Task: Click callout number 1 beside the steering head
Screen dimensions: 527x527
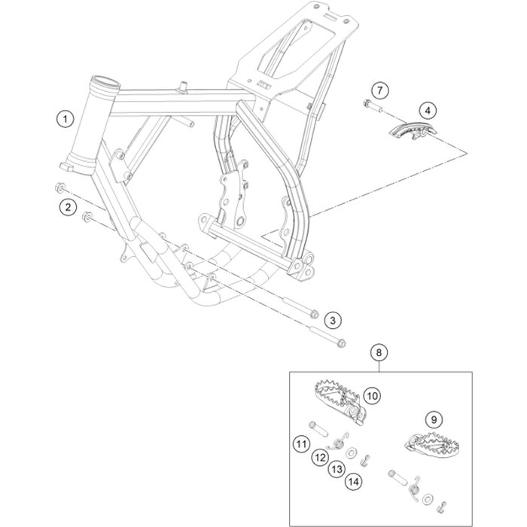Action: coord(65,119)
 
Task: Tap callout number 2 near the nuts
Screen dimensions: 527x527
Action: coord(69,207)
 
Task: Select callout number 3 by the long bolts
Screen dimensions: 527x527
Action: coord(333,320)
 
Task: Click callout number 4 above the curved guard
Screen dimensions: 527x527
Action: coord(428,110)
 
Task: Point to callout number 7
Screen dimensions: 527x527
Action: coord(379,90)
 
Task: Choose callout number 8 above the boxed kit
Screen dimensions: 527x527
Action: coord(379,352)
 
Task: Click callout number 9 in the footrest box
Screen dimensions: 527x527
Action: coord(434,419)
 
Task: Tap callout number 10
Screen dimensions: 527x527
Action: coord(372,396)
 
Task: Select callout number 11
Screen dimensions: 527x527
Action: coord(301,444)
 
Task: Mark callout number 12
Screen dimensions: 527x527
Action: coord(320,457)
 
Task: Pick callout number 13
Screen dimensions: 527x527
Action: coord(337,469)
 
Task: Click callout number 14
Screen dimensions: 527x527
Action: coord(354,482)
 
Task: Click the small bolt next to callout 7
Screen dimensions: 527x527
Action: coord(373,106)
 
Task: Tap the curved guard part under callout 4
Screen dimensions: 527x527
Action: coord(413,131)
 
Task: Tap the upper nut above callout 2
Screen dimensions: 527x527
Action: coord(60,187)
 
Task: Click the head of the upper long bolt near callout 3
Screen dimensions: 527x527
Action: coord(314,314)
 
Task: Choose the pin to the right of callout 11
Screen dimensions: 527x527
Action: coord(318,429)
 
